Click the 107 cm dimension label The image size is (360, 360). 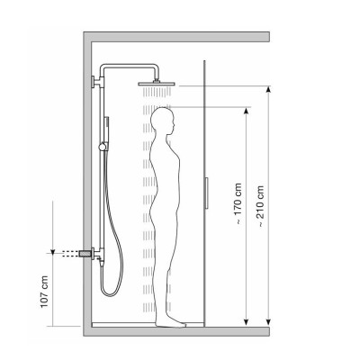pyautogui.click(x=44, y=292)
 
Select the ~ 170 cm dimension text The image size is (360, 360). pyautogui.click(x=238, y=204)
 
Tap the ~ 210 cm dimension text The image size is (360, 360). pyautogui.click(x=260, y=206)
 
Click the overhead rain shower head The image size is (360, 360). pyautogui.click(x=157, y=84)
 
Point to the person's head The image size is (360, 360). pyautogui.click(x=163, y=121)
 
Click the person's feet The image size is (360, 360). pyautogui.click(x=170, y=323)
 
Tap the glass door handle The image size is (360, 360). pyautogui.click(x=207, y=193)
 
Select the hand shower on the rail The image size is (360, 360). pyautogui.click(x=106, y=130)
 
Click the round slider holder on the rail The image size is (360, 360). pyautogui.click(x=103, y=147)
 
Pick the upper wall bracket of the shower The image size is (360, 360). pyautogui.click(x=96, y=82)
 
